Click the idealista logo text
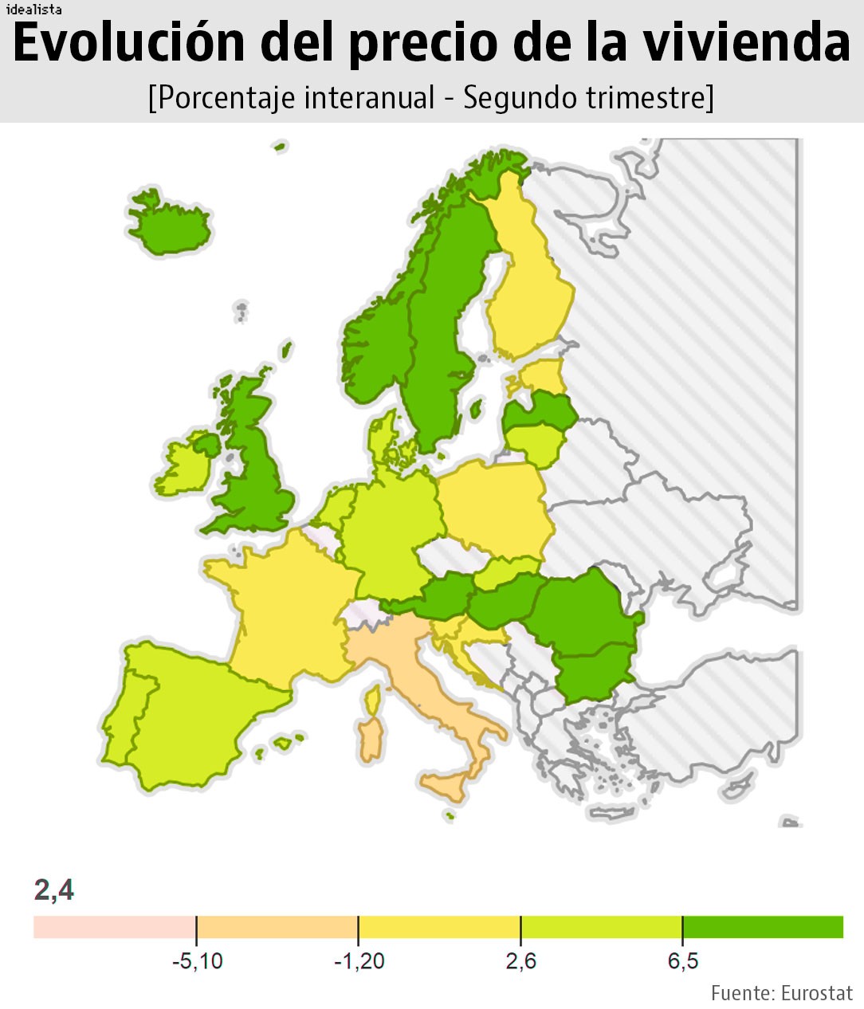[33, 10]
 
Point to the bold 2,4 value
[53, 889]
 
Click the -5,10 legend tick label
[197, 961]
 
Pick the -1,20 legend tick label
[359, 961]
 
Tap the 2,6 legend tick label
[520, 961]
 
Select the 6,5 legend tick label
[682, 961]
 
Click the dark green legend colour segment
[763, 927]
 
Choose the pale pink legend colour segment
[114, 927]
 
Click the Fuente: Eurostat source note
[781, 993]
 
